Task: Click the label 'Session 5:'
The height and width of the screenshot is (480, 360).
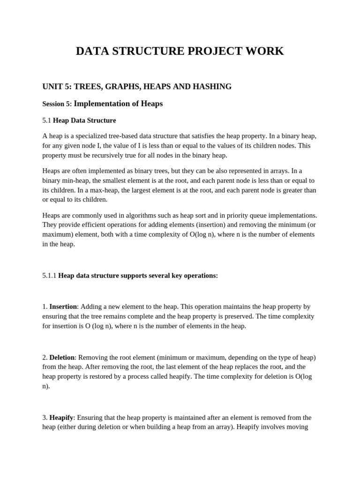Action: coord(57,104)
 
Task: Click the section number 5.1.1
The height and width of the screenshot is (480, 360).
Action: coord(49,276)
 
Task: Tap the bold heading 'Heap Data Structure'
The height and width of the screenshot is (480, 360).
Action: coord(84,120)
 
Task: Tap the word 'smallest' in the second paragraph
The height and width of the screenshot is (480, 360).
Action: coord(126,180)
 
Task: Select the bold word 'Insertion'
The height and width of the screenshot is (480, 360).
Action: coord(63,307)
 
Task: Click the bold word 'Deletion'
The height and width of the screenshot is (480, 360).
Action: coord(62,358)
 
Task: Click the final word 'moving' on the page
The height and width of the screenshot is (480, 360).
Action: coord(297,427)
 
